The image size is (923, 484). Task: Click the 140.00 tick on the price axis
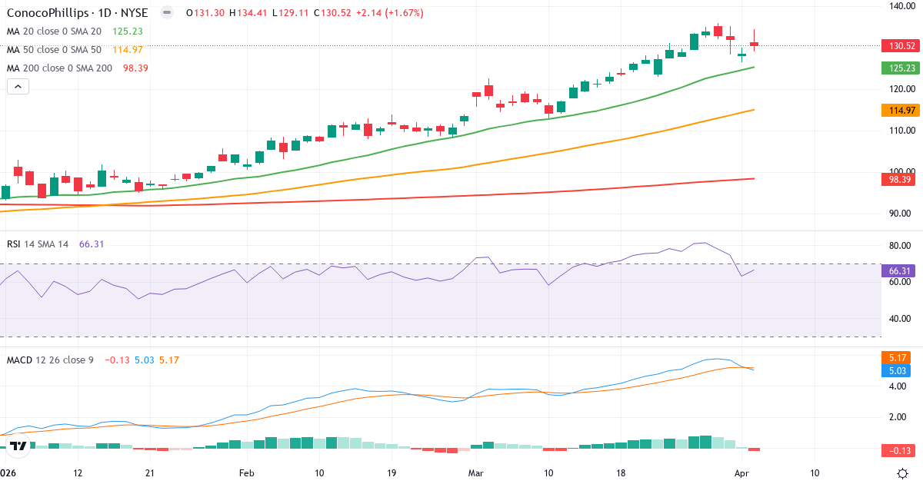(900, 6)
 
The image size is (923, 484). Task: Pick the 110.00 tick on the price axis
(900, 131)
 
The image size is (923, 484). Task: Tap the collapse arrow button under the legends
(18, 87)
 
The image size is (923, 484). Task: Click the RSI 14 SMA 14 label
(38, 244)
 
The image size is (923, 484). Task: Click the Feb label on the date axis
(246, 472)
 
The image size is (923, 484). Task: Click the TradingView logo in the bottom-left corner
(19, 445)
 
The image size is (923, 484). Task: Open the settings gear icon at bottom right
(904, 472)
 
